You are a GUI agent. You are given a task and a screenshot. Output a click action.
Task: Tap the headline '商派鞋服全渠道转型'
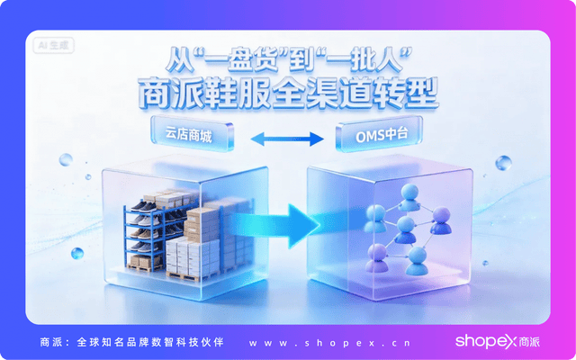point(287,93)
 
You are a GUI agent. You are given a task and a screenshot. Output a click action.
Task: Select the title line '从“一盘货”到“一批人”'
point(287,59)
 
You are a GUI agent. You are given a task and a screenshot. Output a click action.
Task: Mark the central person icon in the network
point(407,225)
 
